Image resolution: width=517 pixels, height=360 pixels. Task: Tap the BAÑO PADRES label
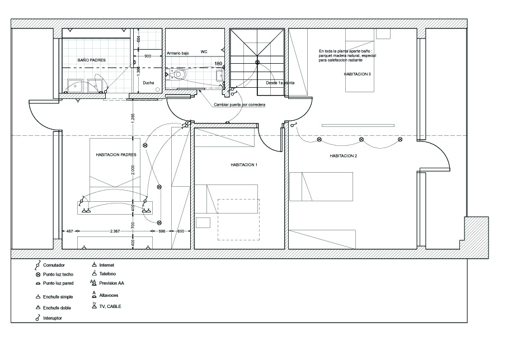click(x=92, y=60)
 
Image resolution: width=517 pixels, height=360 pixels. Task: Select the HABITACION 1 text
click(x=244, y=165)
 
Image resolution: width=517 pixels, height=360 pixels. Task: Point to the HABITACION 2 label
click(x=343, y=156)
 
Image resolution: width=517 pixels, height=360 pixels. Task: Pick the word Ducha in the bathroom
click(x=148, y=83)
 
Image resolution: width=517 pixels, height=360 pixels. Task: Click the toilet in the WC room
click(x=178, y=74)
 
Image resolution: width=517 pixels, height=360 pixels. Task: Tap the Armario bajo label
click(x=178, y=53)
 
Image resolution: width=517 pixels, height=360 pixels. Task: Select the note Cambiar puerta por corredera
click(x=239, y=105)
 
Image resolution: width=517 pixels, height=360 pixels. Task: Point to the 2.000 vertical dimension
click(x=133, y=170)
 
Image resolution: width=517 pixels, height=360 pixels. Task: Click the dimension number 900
click(x=148, y=56)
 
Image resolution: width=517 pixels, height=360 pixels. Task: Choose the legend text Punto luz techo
click(x=58, y=274)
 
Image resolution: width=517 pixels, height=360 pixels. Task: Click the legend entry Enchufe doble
click(x=56, y=307)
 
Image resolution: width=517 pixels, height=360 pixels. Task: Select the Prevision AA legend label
click(x=112, y=283)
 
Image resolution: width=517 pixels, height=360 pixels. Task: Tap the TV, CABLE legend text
click(x=111, y=307)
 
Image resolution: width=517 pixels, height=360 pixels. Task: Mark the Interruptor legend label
click(x=53, y=318)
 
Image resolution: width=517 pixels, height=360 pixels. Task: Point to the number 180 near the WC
click(x=218, y=64)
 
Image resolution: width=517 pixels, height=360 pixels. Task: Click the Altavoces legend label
click(x=110, y=295)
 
